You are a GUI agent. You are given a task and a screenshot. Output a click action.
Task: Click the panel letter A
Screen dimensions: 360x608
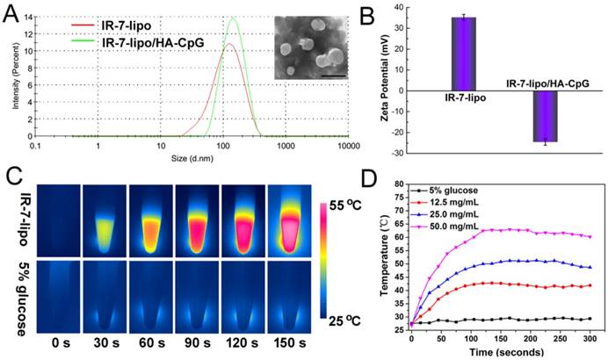click(x=13, y=12)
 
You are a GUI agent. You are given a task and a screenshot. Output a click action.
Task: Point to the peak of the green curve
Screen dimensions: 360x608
click(x=233, y=18)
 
